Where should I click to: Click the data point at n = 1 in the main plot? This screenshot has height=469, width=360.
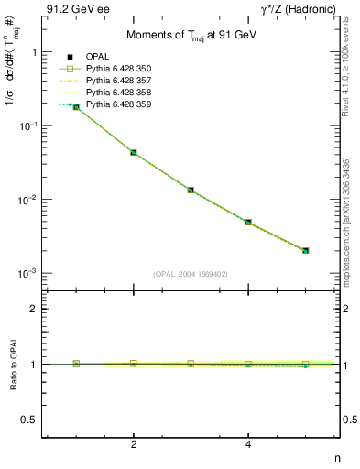click(76, 107)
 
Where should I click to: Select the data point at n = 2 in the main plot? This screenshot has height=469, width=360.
click(134, 152)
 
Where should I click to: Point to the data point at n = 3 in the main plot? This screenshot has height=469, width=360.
click(191, 190)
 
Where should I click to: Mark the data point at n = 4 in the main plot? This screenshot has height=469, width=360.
click(248, 222)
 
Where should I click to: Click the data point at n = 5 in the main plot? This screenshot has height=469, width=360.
click(306, 250)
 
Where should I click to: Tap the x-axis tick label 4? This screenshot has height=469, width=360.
click(248, 445)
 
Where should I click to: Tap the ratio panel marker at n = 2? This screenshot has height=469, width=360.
click(134, 364)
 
